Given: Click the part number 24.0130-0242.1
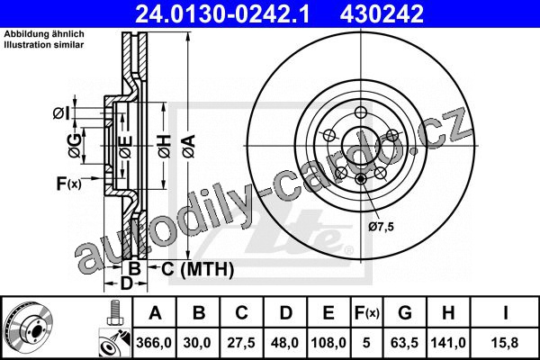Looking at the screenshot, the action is pos(223,13).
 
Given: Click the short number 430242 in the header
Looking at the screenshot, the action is pos(382,13).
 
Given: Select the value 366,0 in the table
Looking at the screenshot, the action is pos(154,343).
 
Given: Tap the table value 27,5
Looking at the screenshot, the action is pos(241,343).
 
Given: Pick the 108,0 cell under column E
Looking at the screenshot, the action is pos(328,343).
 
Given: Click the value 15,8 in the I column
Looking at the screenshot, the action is pos(505,343).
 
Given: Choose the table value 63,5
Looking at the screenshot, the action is pos(405,343).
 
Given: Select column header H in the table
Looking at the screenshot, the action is pos(448,313).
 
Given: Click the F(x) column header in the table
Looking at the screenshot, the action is pos(366,313).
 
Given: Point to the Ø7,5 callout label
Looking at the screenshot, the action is pos(381,227).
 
